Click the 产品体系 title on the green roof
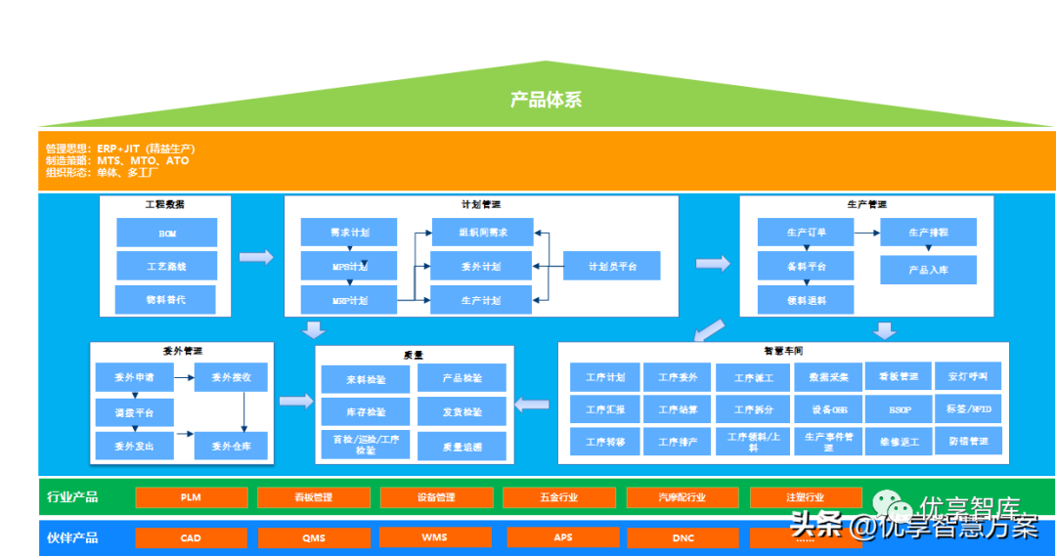pos(547,100)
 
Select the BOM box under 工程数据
pos(166,233)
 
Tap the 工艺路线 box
pos(166,266)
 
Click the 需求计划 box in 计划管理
pos(349,233)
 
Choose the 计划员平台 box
pos(611,266)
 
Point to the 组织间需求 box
pos(481,233)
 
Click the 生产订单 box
pos(806,233)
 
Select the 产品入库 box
pos(928,270)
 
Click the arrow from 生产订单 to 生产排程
pos(867,233)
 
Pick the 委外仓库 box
pos(232,447)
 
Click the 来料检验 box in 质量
pos(366,378)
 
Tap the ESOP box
pos(900,409)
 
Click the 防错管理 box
pos(968,442)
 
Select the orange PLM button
pos(190,497)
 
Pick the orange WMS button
pos(435,536)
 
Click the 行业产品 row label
pos(72,496)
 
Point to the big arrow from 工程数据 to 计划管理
pos(256,257)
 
